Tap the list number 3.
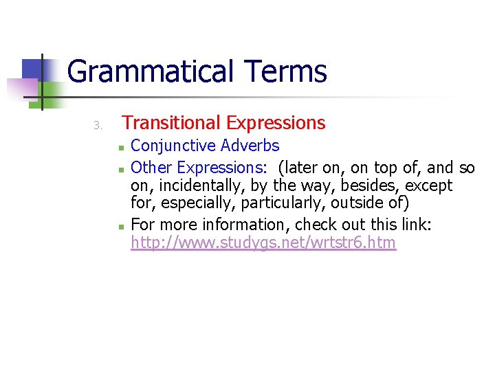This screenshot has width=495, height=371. click(98, 125)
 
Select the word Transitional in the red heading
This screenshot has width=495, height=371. click(171, 123)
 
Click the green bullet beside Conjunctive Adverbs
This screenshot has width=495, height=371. click(120, 147)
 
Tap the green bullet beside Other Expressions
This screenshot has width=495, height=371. click(120, 168)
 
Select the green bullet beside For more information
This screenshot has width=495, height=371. click(120, 225)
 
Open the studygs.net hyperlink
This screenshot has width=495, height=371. click(263, 243)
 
